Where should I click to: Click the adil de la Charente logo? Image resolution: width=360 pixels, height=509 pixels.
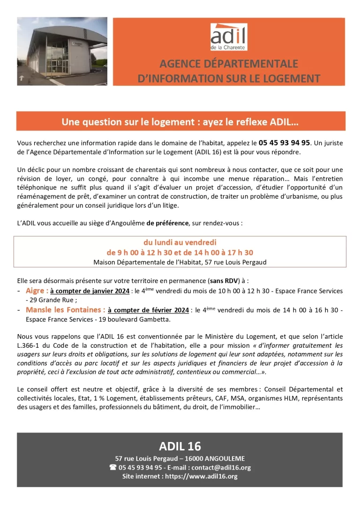[228, 37]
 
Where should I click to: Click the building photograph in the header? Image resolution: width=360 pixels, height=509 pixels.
[62, 51]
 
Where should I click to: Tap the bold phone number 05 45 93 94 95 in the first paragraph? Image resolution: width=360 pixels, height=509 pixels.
[284, 142]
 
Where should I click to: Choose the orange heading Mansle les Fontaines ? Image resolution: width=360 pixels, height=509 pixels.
[65, 310]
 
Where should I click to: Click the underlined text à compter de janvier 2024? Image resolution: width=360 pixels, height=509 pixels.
[90, 292]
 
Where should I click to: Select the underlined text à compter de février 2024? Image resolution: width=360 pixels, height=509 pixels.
[149, 310]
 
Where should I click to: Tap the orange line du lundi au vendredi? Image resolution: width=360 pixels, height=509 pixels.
[180, 242]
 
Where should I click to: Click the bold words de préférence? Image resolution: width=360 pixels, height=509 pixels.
[167, 223]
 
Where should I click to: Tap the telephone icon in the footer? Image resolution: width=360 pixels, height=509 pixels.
[112, 467]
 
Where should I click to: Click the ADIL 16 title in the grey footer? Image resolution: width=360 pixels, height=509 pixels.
[180, 446]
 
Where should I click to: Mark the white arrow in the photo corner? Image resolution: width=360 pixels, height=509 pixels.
[22, 79]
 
